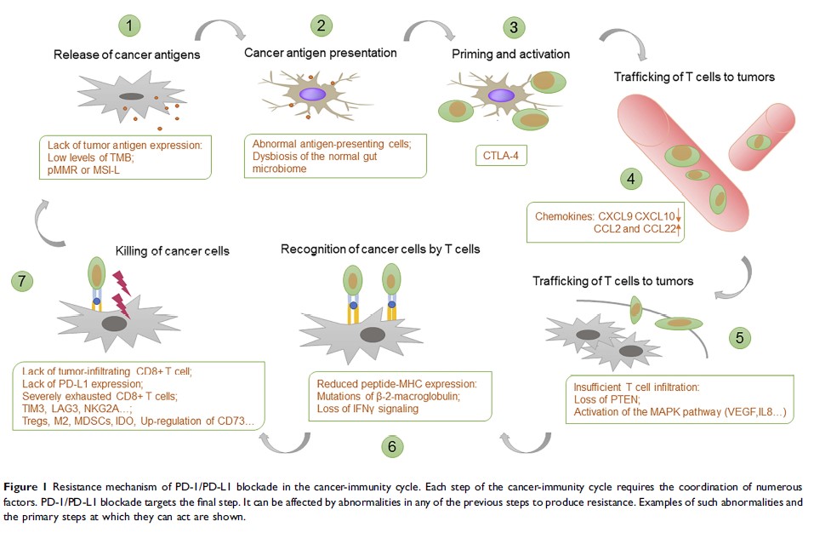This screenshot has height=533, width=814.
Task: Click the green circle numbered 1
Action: click(x=130, y=26)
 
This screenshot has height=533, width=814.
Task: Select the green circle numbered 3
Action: click(x=513, y=26)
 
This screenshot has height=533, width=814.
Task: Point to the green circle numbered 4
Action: click(x=630, y=180)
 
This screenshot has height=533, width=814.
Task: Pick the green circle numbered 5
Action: click(x=739, y=336)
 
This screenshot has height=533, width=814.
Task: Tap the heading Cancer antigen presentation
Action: click(x=321, y=53)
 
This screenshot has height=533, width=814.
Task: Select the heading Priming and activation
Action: click(x=510, y=54)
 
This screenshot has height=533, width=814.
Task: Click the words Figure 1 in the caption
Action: click(x=31, y=486)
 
